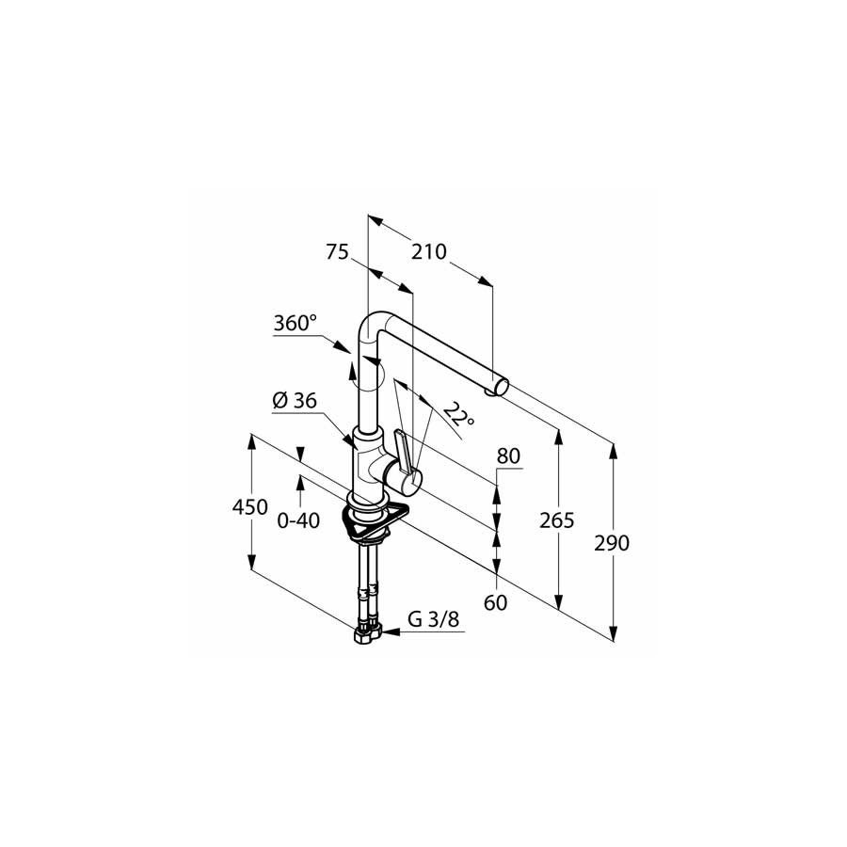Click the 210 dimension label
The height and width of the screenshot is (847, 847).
click(x=429, y=251)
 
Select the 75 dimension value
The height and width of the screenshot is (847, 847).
click(x=338, y=251)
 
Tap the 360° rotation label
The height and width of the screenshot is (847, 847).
click(x=295, y=323)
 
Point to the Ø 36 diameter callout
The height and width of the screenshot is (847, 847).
click(x=295, y=400)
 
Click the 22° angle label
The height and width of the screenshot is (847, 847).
click(x=459, y=415)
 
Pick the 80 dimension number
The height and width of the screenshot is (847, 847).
click(x=508, y=456)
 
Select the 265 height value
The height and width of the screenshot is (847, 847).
click(x=557, y=520)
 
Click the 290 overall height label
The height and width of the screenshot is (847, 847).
click(x=612, y=543)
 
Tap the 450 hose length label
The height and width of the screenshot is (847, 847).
click(x=249, y=507)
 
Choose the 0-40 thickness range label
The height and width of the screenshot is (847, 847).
click(x=298, y=520)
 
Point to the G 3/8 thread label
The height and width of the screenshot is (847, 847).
click(x=433, y=619)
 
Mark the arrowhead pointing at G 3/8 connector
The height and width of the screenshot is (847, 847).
click(x=392, y=631)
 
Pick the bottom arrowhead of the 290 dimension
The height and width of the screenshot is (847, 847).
click(x=613, y=633)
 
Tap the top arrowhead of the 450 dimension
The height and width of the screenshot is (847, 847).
click(x=251, y=442)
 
